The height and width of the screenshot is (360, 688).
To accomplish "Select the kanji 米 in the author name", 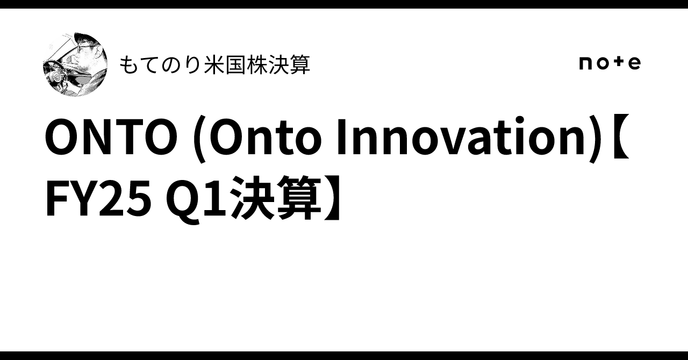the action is tap(214, 65).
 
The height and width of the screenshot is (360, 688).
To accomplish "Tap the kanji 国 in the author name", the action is tap(235, 65).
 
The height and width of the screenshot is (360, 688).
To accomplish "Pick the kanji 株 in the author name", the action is tap(257, 65).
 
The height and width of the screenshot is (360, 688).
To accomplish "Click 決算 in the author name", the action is tap(289, 65).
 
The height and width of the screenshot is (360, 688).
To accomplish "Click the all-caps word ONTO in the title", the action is tap(111, 136).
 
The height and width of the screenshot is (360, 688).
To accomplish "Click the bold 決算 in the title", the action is tap(276, 198).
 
